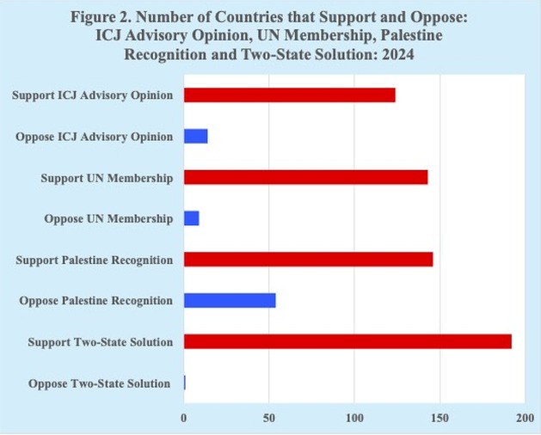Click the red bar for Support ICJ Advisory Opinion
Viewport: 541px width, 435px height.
tap(289, 95)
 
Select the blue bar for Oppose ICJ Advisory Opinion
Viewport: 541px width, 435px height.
tap(195, 137)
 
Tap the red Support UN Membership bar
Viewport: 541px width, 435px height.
tap(305, 178)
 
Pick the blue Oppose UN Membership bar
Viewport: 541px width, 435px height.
tap(191, 218)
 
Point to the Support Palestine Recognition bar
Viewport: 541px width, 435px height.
tap(308, 260)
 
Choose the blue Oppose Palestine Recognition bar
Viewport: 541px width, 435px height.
tap(230, 301)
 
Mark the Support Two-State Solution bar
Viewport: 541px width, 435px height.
tap(347, 341)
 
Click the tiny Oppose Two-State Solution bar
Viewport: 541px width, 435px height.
tap(184, 383)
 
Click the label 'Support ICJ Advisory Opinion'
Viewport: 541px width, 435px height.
tap(92, 95)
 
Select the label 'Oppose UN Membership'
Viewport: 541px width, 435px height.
tap(108, 219)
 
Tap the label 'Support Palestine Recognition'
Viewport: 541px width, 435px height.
tap(94, 260)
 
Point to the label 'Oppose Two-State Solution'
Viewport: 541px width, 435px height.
tap(99, 383)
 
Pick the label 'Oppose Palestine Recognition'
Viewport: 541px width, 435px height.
tap(95, 301)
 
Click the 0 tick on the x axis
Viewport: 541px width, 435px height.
tap(183, 418)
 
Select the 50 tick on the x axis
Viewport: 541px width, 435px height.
tap(268, 418)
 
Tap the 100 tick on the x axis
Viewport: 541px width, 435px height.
tap(354, 418)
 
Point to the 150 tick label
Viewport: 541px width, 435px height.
tap(440, 418)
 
